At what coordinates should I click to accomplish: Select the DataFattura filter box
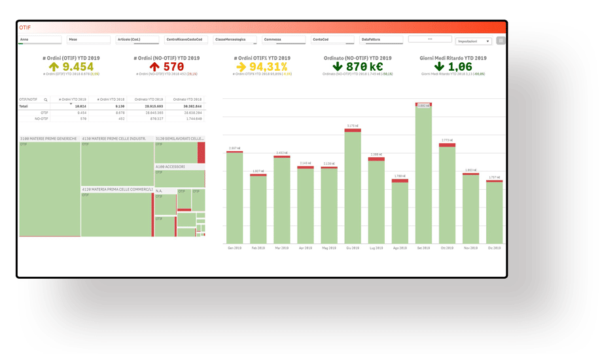coord(381,39)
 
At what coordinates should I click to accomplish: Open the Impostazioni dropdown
coord(474,41)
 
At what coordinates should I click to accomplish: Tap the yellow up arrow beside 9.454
coord(54,67)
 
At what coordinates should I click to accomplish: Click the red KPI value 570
coord(173,67)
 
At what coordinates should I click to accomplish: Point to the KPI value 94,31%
coord(268,67)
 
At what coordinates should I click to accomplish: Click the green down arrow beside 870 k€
coord(338,67)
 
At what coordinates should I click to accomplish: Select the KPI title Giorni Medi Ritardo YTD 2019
coord(453,58)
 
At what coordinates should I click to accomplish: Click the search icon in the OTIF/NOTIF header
coord(46,99)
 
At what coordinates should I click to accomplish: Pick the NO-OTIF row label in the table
coord(43,118)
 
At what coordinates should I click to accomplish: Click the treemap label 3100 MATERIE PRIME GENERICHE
coord(48,139)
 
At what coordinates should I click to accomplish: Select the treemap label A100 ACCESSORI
coord(170,167)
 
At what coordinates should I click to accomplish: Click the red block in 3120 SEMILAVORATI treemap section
coord(202,153)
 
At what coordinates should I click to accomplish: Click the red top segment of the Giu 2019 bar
coord(353,130)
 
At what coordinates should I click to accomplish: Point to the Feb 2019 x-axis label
coord(258,248)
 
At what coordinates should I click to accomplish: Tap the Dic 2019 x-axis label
coord(494,248)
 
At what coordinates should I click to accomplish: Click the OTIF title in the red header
coord(26,27)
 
